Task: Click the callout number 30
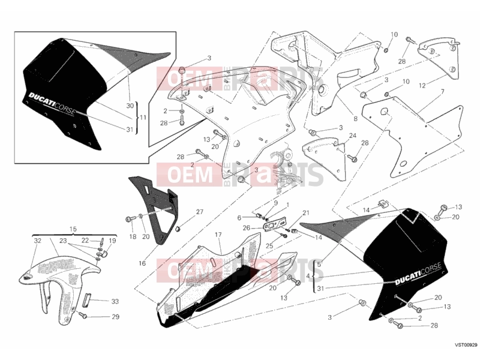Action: point(130,106)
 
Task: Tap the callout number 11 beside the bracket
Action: point(143,118)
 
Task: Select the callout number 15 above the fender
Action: point(73,229)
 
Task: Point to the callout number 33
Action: point(115,302)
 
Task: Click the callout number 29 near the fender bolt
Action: point(115,317)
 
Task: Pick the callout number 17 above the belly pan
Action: point(218,235)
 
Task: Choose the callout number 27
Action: point(200,212)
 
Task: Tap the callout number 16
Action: point(142,263)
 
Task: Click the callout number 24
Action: point(353,136)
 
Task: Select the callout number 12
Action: point(422,86)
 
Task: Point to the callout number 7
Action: point(443,92)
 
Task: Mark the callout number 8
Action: point(355,119)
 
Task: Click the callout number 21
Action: point(306,213)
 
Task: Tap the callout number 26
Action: point(247,228)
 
